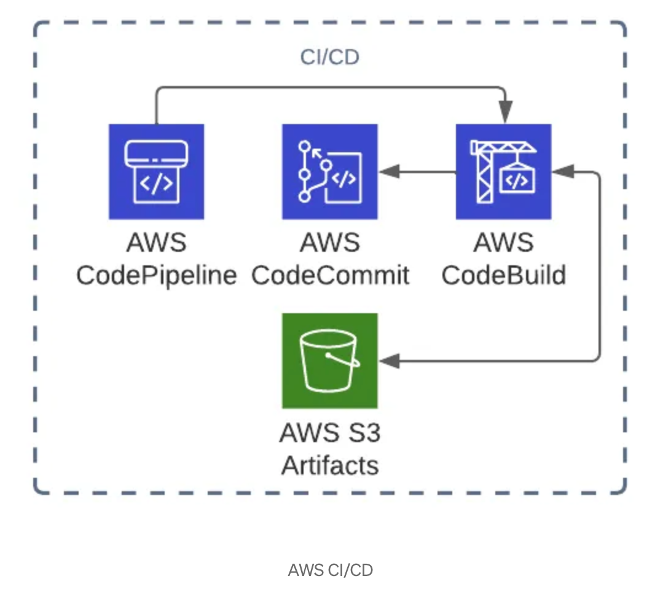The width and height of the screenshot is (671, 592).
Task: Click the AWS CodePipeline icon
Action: [x=156, y=171]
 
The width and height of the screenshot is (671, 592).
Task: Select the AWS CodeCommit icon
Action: [x=329, y=171]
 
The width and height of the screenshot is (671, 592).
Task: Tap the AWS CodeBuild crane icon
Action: [x=503, y=171]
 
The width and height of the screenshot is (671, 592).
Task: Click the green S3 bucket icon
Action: [x=329, y=360]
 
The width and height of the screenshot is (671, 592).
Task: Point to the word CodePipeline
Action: [x=156, y=276]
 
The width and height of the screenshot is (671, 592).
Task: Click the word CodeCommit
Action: [x=330, y=276]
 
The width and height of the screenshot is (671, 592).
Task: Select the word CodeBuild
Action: [x=503, y=276]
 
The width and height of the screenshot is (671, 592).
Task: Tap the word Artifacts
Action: [x=330, y=465]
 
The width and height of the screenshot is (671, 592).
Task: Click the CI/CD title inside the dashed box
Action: [x=329, y=57]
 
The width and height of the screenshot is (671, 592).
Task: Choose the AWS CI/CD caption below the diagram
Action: [x=330, y=570]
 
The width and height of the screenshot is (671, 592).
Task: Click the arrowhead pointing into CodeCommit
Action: [x=389, y=172]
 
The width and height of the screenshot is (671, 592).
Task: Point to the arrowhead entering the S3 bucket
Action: [x=389, y=361]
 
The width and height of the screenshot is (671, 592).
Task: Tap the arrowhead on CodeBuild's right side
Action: [x=562, y=172]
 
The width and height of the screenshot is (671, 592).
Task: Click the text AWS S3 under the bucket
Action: [x=330, y=433]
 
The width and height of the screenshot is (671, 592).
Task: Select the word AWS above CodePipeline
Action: [x=156, y=243]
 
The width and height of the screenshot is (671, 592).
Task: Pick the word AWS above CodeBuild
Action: [x=503, y=243]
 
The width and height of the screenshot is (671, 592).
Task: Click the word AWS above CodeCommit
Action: [x=330, y=243]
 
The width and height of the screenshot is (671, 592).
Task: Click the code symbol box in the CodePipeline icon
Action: [x=156, y=184]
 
